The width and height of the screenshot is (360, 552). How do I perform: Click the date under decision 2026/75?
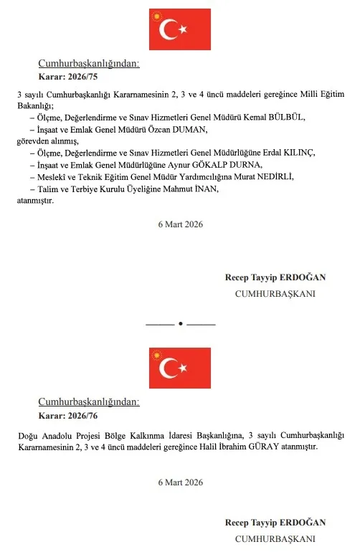coord(180,224)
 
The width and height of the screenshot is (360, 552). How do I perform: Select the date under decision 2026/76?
coord(180,482)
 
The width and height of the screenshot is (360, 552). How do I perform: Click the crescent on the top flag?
coord(170,29)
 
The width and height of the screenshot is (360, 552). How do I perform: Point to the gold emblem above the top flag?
coord(156,14)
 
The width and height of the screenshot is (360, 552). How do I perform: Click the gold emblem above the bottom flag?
coord(156,354)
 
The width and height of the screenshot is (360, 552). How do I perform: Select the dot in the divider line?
coord(180,324)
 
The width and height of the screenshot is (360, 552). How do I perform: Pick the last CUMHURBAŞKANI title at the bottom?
coord(275,538)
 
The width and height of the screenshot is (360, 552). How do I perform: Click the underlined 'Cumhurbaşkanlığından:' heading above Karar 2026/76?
coord(89,402)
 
